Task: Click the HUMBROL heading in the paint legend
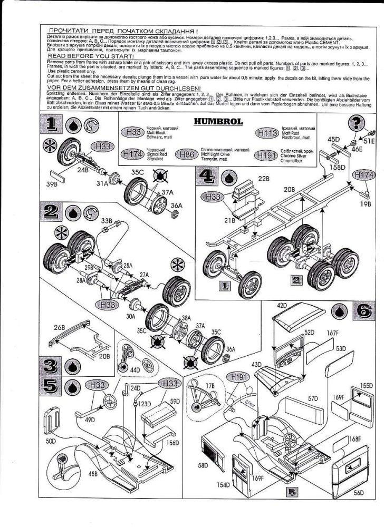click(218, 122)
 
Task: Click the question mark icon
click(360, 122)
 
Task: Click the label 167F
click(331, 333)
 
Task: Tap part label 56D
click(360, 493)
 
